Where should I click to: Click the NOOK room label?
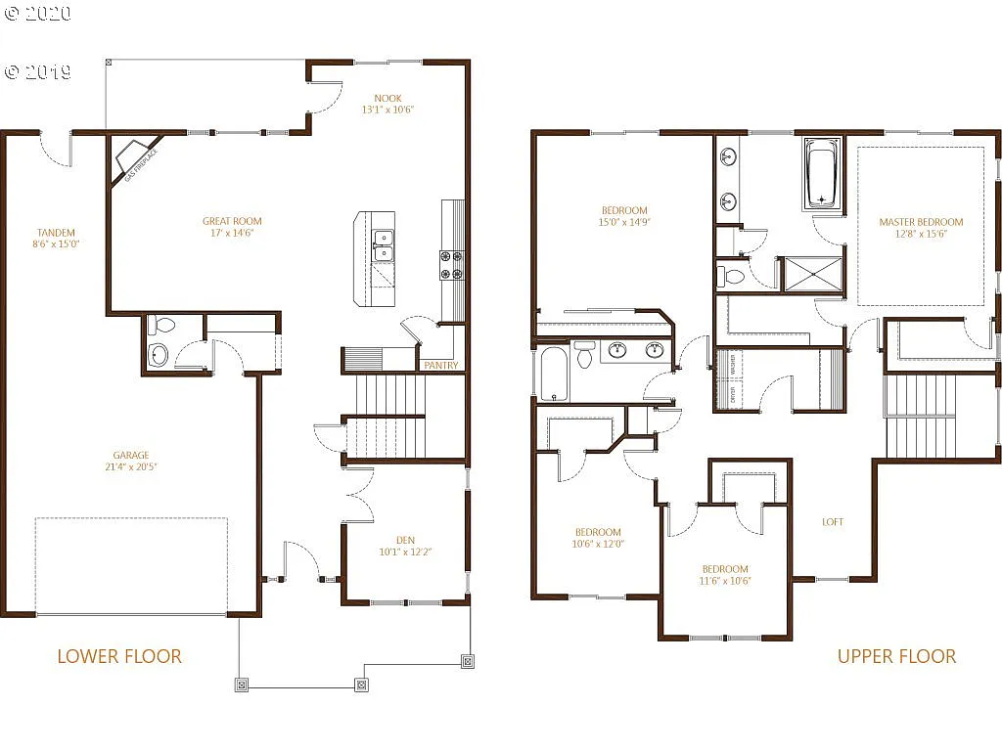click(387, 98)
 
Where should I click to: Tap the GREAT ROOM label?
click(232, 221)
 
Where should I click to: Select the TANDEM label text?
click(56, 233)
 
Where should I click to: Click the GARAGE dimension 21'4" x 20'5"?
click(130, 467)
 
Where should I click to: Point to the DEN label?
click(405, 540)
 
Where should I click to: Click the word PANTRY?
click(440, 366)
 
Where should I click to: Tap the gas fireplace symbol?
click(132, 158)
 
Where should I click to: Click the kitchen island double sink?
click(383, 245)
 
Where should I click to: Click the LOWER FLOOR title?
click(119, 656)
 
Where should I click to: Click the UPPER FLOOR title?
click(896, 656)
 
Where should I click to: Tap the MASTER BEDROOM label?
click(921, 222)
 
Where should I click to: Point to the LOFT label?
click(833, 522)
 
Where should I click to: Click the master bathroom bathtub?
click(821, 173)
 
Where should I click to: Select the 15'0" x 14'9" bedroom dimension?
click(624, 223)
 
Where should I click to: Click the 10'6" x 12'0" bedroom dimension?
click(598, 545)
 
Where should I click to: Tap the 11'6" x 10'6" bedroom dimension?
click(725, 581)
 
